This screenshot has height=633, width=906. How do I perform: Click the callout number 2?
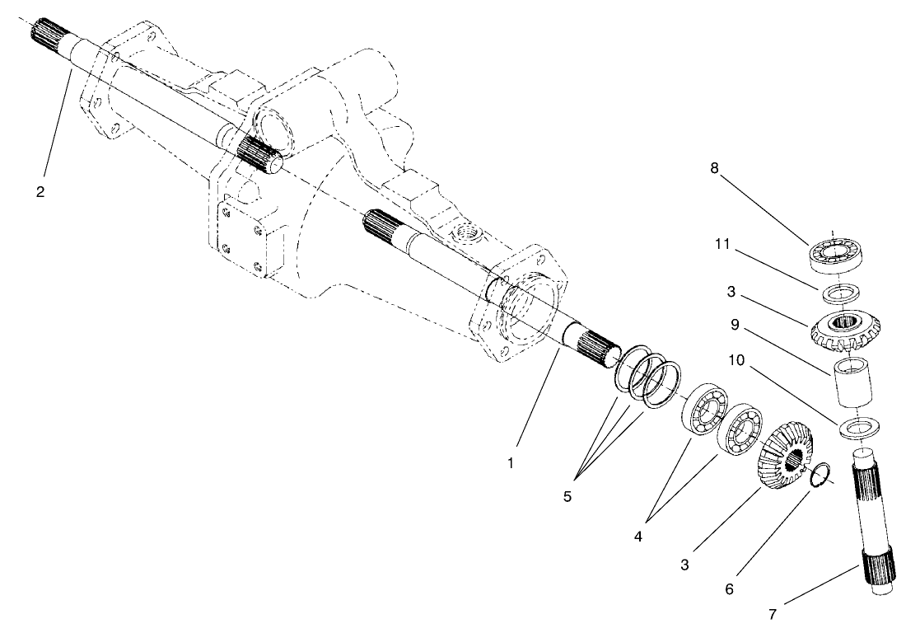point(40,192)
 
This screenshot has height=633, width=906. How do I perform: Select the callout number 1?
point(511,463)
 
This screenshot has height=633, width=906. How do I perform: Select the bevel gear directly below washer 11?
point(839,327)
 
